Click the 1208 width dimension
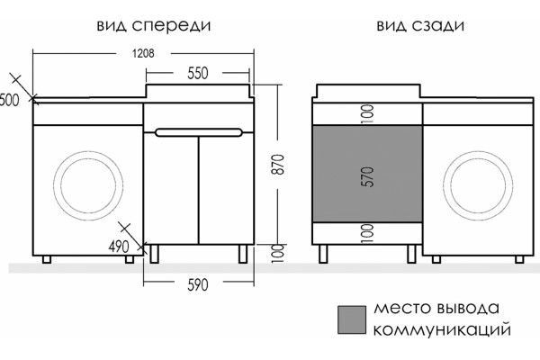(143, 53)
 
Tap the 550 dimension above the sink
(198, 73)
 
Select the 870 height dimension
(279, 165)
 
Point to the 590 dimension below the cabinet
(198, 285)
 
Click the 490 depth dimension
(119, 247)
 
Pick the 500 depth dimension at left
(9, 100)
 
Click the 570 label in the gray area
(368, 177)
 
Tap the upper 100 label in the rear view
(368, 113)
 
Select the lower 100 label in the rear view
(368, 233)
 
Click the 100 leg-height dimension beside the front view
(279, 254)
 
